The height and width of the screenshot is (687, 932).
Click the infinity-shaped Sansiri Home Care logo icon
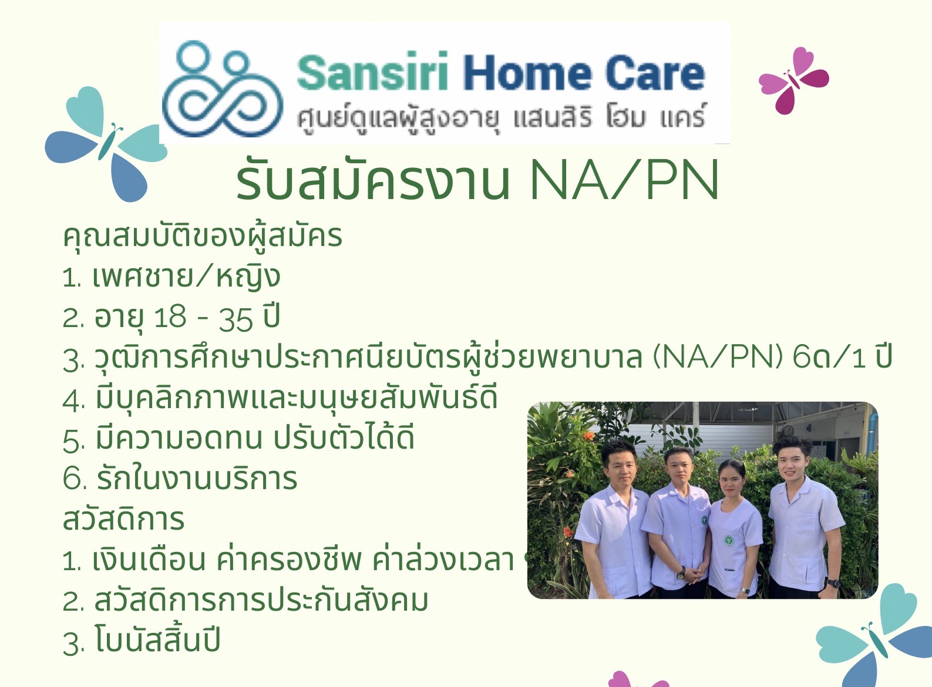tap(223, 89)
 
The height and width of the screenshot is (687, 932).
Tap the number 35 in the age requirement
tap(236, 319)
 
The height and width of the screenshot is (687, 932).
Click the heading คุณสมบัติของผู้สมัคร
tap(202, 237)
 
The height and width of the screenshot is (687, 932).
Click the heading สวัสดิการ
tap(123, 519)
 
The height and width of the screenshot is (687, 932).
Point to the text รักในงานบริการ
tap(197, 479)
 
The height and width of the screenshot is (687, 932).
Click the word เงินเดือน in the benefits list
tap(149, 560)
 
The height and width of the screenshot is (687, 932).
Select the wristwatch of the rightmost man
tap(833, 584)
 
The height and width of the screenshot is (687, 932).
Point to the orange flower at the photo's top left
tap(589, 436)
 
